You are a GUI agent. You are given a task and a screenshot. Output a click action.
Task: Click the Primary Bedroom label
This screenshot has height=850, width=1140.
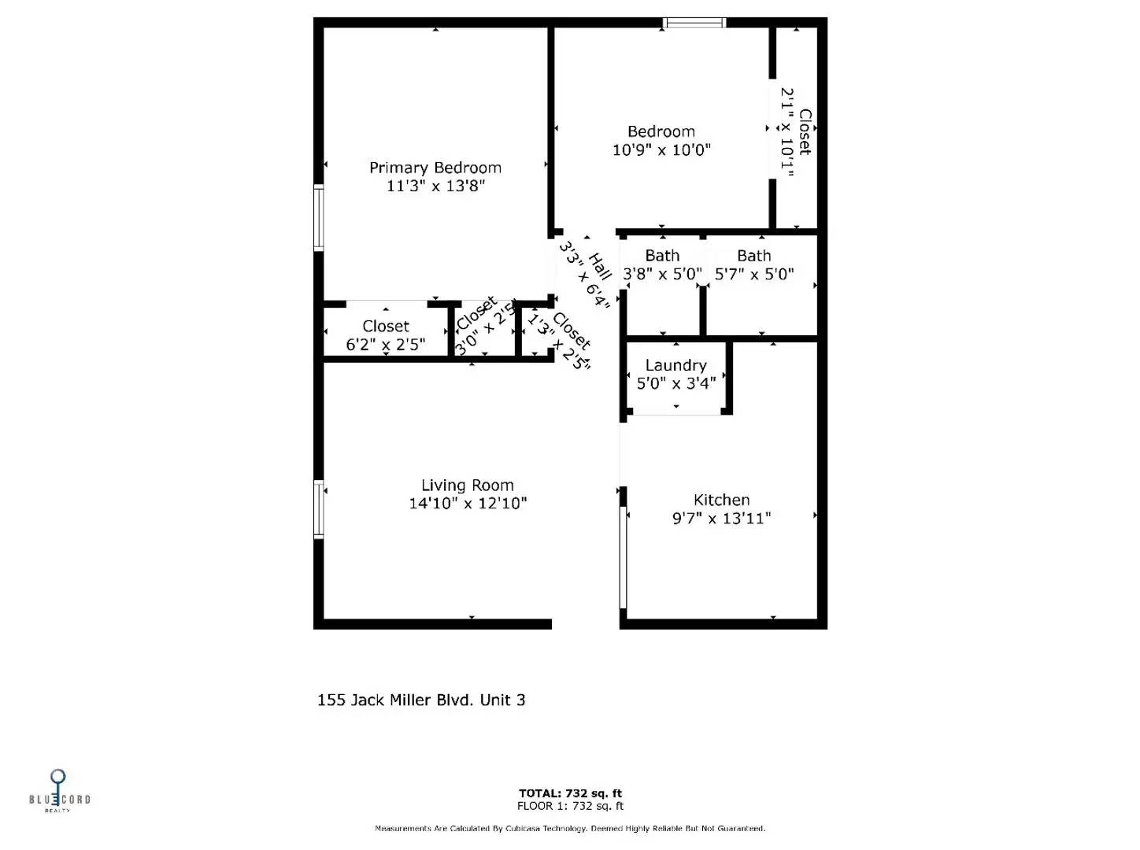coord(435,168)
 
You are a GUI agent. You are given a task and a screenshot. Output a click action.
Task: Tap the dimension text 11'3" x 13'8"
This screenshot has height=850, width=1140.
coord(435,187)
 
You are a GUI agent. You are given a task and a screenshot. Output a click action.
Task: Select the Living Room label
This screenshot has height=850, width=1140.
coord(467,486)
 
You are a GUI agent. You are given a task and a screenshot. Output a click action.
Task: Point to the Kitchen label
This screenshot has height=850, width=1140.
coord(721,500)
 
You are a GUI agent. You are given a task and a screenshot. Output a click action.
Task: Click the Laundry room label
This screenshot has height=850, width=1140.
coord(675,365)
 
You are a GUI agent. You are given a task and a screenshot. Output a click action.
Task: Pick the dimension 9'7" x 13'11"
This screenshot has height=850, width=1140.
coord(721,519)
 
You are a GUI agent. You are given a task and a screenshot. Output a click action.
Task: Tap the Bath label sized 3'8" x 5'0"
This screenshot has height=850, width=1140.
coord(662,256)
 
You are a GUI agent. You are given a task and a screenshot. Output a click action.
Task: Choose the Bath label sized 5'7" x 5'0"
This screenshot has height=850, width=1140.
coord(753,256)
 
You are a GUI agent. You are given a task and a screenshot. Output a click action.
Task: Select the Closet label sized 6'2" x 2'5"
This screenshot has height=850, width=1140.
coord(385,326)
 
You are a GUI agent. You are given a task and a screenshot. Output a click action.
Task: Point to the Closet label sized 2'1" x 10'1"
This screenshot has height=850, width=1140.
coord(805,131)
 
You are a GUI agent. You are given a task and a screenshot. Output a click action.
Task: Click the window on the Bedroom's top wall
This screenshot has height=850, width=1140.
coord(694,23)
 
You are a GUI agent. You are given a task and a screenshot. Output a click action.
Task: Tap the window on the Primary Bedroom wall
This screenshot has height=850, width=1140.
coord(319,217)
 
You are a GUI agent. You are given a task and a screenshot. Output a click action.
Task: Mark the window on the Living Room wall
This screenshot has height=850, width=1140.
coord(319,508)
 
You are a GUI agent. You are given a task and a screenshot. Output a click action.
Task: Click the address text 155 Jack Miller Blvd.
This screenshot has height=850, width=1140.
coord(420,700)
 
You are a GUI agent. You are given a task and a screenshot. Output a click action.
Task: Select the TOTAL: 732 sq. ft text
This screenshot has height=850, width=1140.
coord(570,793)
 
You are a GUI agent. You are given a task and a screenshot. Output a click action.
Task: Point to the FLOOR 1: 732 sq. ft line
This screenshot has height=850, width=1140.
coord(570,806)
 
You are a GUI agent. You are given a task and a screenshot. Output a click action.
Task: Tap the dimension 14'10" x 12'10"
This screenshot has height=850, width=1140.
coord(468,504)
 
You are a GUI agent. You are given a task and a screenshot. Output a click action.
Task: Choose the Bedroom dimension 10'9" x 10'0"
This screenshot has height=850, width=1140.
coord(661,150)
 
